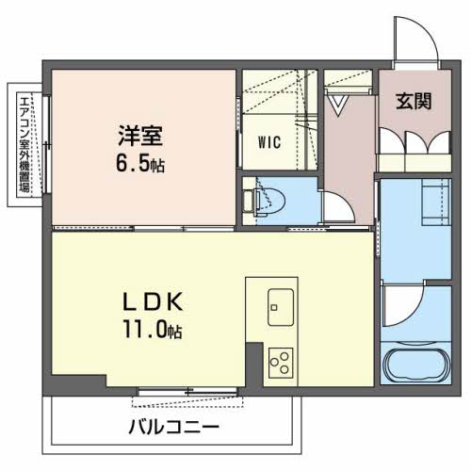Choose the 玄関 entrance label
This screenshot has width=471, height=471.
pyautogui.click(x=414, y=101)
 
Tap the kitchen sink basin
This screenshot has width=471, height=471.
pyautogui.click(x=281, y=305)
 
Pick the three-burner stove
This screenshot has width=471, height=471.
pyautogui.click(x=281, y=361)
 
